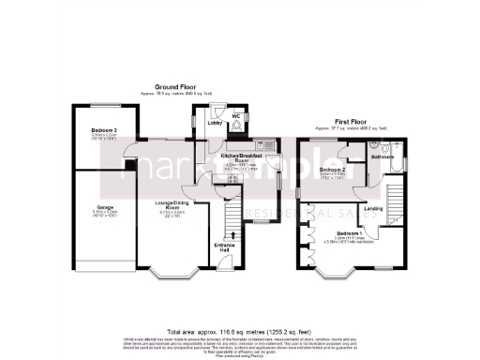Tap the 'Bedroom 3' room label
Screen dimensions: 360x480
tap(103, 130)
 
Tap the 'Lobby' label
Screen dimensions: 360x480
tap(214, 123)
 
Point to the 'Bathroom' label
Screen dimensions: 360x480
tap(382, 157)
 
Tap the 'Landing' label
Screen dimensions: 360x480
tap(373, 208)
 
